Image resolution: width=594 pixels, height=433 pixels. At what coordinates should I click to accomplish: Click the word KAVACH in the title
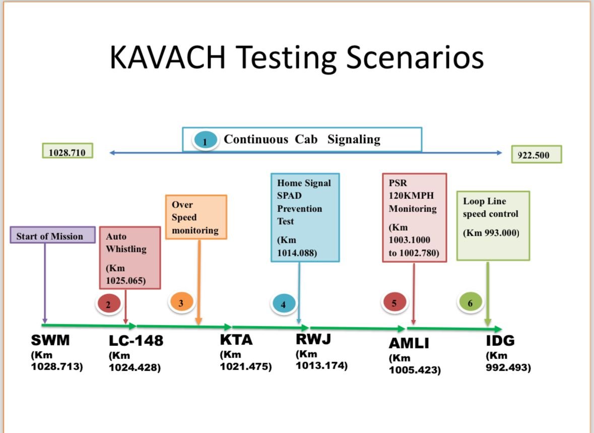click(167, 57)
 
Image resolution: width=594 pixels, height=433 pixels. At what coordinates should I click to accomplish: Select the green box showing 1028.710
click(68, 150)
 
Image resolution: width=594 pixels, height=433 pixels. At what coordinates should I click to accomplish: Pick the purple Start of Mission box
click(53, 235)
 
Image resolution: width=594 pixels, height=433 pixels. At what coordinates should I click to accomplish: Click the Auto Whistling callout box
click(130, 258)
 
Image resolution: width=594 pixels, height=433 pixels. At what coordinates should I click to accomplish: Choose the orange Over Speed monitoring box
click(196, 217)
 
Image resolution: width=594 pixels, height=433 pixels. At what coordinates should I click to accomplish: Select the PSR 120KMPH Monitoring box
click(414, 218)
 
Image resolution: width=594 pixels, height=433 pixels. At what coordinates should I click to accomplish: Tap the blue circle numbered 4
click(283, 304)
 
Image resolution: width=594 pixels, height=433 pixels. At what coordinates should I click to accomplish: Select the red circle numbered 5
click(394, 303)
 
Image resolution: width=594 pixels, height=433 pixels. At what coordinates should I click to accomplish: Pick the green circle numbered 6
click(470, 303)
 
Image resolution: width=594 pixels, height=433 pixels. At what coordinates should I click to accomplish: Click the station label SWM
click(50, 340)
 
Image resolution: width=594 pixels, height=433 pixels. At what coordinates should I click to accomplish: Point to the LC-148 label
click(136, 341)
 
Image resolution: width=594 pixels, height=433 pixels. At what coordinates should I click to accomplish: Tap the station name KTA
click(236, 340)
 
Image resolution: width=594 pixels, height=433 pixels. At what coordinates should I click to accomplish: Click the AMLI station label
click(409, 343)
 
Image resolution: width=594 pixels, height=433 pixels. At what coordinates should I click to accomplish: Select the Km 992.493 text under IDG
click(508, 363)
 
